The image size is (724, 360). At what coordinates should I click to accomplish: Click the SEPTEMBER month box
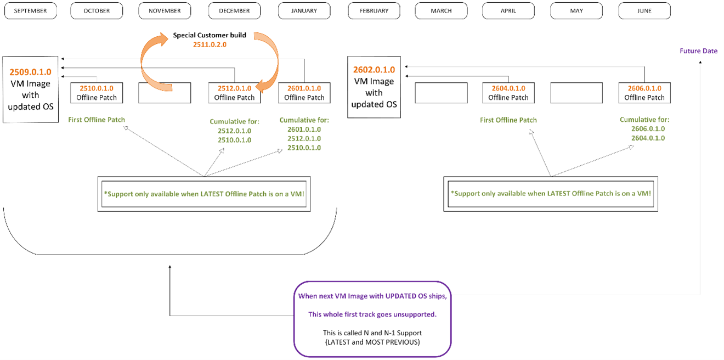tap(30, 11)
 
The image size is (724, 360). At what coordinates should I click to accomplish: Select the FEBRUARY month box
tap(374, 11)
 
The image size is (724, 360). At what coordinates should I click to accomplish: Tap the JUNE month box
tap(644, 11)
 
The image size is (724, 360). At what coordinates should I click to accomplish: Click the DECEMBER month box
tap(234, 11)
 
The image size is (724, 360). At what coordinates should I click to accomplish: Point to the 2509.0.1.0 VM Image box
tap(31, 89)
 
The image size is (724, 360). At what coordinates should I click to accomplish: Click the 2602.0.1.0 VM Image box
tap(374, 89)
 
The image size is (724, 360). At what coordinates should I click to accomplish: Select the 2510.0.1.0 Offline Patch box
tap(97, 93)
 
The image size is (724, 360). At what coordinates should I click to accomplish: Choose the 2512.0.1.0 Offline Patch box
tap(234, 93)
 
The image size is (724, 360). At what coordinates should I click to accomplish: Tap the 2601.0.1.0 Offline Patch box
tap(304, 93)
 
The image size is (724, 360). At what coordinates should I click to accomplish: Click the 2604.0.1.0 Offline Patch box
tap(508, 93)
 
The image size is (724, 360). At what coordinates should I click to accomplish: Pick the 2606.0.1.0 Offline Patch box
tap(644, 93)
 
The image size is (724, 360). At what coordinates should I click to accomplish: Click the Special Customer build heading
tap(210, 35)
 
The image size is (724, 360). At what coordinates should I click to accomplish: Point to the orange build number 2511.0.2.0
tap(210, 44)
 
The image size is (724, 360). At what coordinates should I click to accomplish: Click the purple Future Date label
tap(698, 51)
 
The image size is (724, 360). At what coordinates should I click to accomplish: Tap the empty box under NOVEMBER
tap(165, 93)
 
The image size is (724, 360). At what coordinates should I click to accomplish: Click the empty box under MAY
tap(576, 93)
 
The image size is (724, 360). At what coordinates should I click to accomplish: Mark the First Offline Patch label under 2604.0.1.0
tap(508, 120)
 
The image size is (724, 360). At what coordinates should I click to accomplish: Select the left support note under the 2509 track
tap(204, 194)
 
